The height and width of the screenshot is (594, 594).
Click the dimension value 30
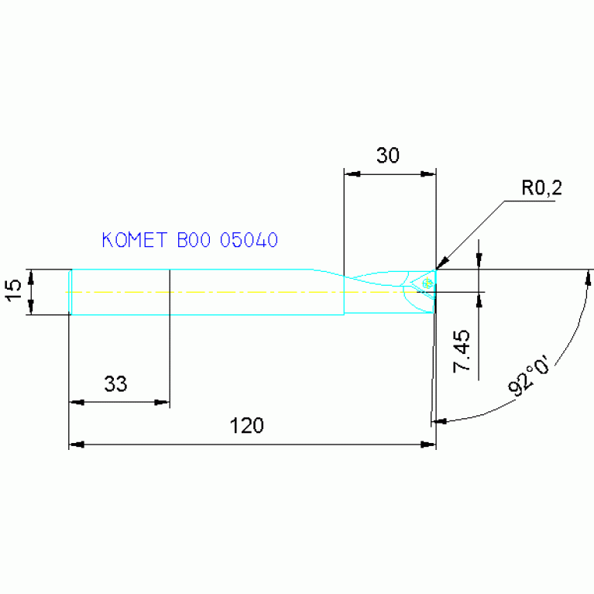[x=387, y=156]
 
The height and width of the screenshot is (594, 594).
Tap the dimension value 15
[x=13, y=291]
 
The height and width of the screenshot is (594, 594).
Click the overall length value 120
[x=248, y=425]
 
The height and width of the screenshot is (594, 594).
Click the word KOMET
[x=133, y=240]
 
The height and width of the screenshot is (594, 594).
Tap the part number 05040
[x=249, y=240]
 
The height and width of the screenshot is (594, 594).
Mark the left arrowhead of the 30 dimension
[x=351, y=174]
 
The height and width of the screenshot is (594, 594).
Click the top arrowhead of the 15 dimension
[x=31, y=275]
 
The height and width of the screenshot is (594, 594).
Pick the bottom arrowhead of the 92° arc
[x=438, y=421]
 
